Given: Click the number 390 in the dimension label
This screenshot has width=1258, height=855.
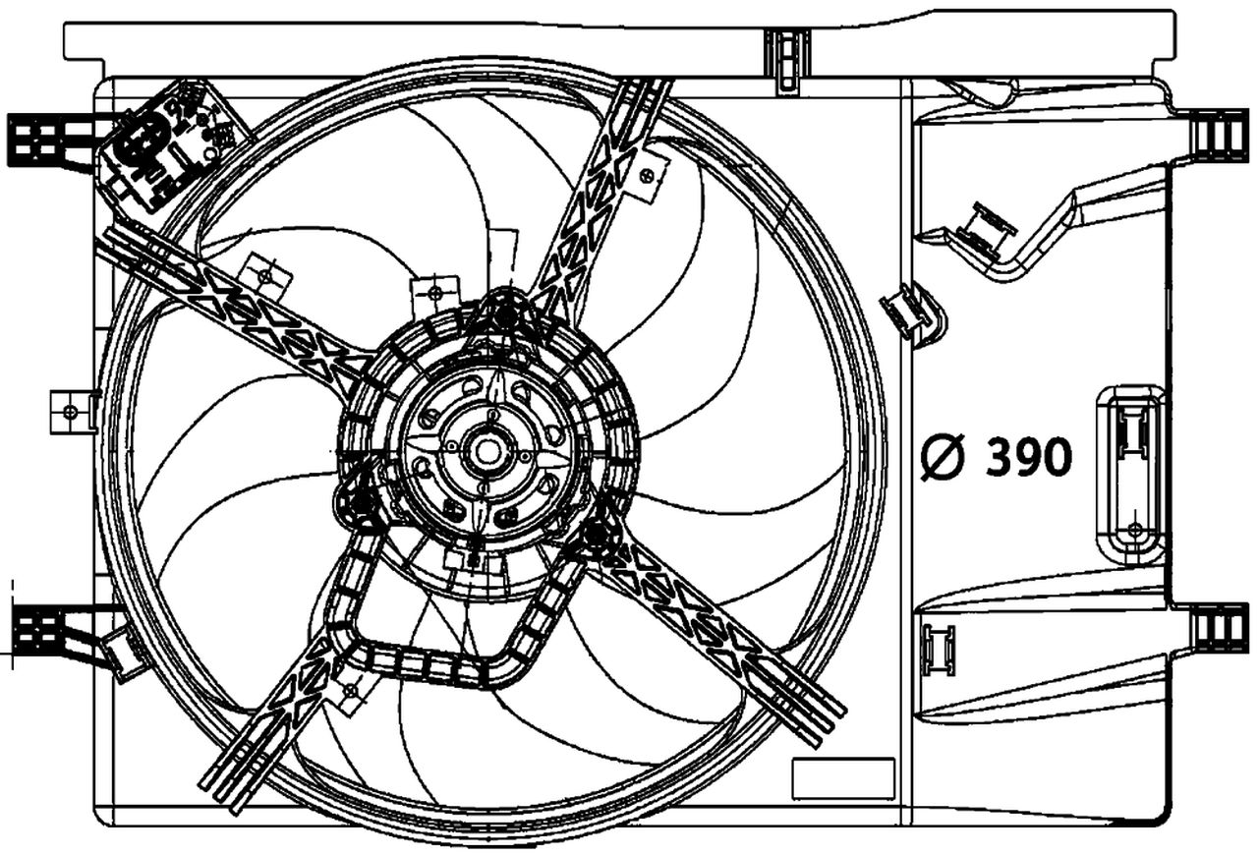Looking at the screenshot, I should pyautogui.click(x=1028, y=457).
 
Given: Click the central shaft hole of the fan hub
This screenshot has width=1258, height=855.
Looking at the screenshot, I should pyautogui.click(x=486, y=452).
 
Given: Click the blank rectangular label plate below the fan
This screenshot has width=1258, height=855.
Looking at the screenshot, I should pyautogui.click(x=843, y=778).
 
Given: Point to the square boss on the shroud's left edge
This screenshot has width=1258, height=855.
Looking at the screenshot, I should pyautogui.click(x=72, y=411).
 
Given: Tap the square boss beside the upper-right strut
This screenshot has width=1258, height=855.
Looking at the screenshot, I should pyautogui.click(x=646, y=175).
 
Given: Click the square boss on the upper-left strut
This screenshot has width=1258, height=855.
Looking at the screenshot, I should pyautogui.click(x=266, y=277).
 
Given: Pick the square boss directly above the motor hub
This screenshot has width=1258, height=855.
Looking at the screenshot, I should pyautogui.click(x=434, y=292).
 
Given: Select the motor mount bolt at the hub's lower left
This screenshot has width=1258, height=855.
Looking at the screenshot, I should pyautogui.click(x=358, y=504).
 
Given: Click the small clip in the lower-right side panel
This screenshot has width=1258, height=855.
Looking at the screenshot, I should pyautogui.click(x=939, y=650).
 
